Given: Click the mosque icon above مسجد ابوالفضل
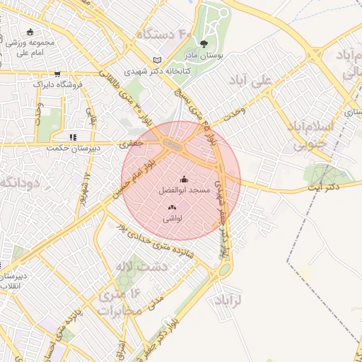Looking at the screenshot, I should coord(185,180).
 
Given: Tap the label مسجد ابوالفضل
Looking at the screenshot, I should coord(182,191).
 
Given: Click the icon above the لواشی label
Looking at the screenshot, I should coord(172,207).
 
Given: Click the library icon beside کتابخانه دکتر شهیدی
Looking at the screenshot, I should coord(157,60).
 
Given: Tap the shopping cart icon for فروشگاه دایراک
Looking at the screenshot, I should coord(57,74).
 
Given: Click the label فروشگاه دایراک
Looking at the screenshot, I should coord(58,84).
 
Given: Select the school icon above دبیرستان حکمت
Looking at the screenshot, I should coord(72,137).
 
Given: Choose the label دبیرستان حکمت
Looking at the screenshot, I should coord(70,148).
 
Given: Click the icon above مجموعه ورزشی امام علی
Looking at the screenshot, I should coord(30,32).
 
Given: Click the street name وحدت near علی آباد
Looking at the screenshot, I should coord(234,111).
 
